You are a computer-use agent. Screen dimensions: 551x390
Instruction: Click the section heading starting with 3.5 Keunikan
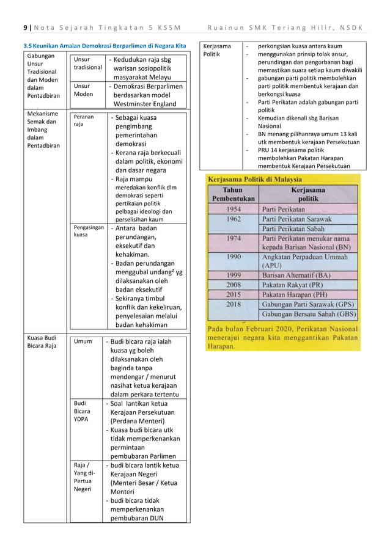point(104,46)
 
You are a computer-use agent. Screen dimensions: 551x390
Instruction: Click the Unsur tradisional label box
point(84,64)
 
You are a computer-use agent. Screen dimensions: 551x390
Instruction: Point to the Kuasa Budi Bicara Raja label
point(42,341)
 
